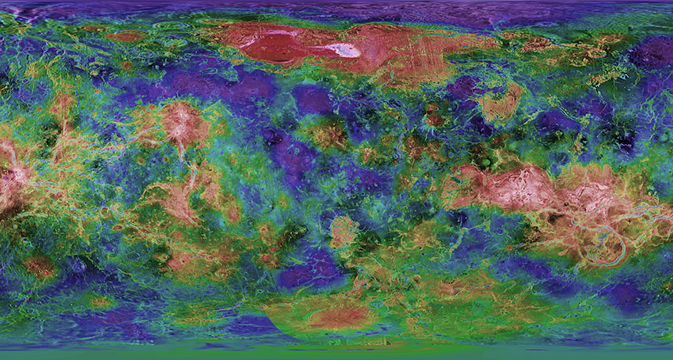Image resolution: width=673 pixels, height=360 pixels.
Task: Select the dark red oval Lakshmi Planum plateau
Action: pos(271,45)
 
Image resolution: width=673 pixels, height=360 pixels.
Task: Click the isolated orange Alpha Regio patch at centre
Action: pos(344,231)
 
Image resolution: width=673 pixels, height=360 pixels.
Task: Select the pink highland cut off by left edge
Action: pos(9,176)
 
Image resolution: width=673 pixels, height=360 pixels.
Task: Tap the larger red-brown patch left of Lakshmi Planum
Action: pos(125,36)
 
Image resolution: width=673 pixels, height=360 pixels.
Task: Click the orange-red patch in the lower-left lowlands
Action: pos(39,267)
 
